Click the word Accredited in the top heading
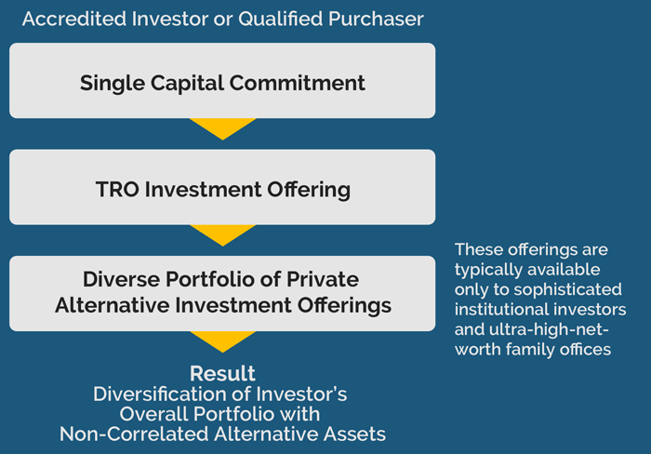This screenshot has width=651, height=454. pos(74,19)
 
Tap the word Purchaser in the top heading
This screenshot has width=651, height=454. pos(376,19)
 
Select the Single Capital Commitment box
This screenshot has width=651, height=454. pos(222,81)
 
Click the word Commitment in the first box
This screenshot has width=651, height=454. pos(298,83)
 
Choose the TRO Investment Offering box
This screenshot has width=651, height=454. pos(222,187)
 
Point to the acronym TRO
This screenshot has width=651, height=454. pos(117,190)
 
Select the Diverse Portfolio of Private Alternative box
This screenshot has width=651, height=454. pos(222,293)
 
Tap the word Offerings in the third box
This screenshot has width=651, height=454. pos(344,305)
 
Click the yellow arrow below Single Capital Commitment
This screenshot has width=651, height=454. pos(222,127)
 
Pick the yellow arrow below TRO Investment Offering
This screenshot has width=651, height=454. pos(222,233)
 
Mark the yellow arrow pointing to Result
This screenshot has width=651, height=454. pos(222,340)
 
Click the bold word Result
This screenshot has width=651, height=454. pos(222,373)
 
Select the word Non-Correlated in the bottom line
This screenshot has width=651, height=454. pos(134,434)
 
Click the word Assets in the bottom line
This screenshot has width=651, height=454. pos(354,434)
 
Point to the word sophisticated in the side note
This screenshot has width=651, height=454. pos(567,289)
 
